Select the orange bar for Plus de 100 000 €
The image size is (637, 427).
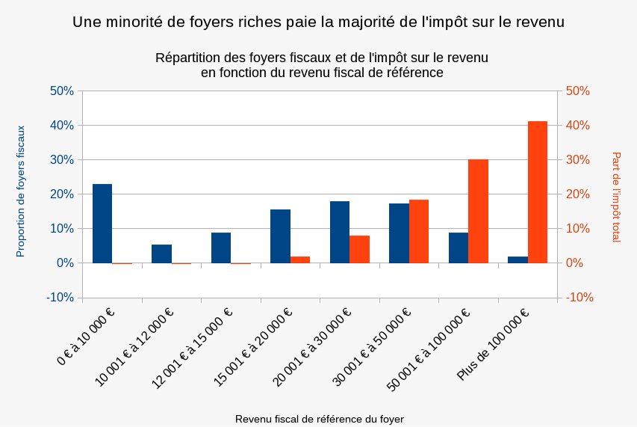point(538,192)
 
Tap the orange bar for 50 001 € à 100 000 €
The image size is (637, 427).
point(478,211)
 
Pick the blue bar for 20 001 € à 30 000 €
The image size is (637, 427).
point(340,232)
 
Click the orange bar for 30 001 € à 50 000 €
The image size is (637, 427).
point(419,231)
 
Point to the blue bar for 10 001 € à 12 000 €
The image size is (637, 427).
point(161,254)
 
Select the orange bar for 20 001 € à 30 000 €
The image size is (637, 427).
point(359,249)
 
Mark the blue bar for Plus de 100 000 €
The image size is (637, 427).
point(518,259)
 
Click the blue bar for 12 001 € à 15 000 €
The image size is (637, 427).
point(221,248)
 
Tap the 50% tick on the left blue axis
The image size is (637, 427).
point(61,91)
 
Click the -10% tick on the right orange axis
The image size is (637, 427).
point(579,298)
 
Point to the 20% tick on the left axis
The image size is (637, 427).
point(61,194)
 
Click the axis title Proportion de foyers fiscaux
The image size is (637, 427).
point(21,191)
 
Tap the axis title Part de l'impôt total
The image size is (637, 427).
point(616,197)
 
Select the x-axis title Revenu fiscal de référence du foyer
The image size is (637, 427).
point(320,419)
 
